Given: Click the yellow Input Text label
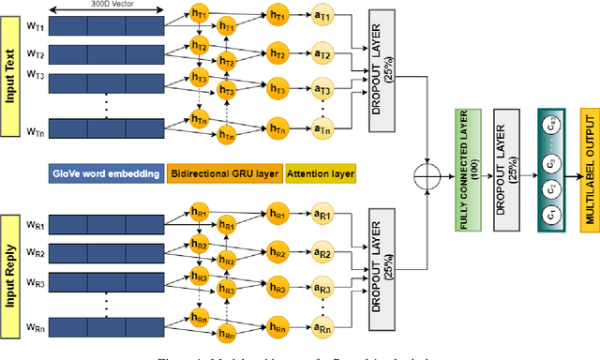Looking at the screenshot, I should (12, 73).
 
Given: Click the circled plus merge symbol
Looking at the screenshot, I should (406, 172).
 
